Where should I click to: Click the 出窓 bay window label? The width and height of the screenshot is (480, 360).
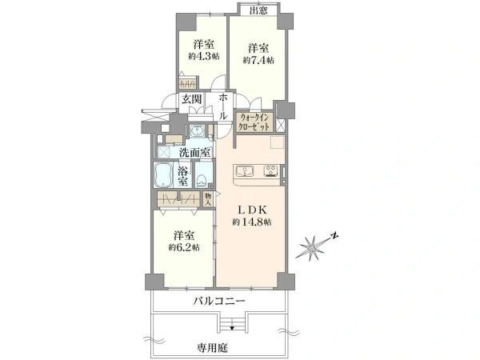(x=259, y=10)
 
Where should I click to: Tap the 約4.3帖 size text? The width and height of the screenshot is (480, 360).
(x=203, y=56)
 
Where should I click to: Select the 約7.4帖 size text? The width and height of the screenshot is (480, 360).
(x=258, y=60)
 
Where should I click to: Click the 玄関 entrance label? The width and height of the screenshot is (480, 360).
(x=192, y=99)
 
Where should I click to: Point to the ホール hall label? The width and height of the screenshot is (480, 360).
(x=222, y=107)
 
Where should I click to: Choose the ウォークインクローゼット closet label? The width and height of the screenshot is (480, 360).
(x=254, y=122)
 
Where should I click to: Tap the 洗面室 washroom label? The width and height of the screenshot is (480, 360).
(x=195, y=153)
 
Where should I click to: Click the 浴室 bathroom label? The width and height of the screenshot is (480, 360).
(x=183, y=176)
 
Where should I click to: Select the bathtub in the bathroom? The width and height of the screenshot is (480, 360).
(x=163, y=174)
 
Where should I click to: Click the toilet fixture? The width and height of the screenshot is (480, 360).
(x=202, y=180)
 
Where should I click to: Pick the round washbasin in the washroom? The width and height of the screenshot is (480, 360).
(x=196, y=131)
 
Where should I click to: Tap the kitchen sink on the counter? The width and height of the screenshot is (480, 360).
(x=244, y=171)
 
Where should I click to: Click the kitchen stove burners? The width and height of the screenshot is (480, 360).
(x=271, y=171)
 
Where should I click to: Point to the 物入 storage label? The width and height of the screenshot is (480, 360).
(x=208, y=199)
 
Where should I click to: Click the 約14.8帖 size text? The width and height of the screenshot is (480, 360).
(x=252, y=222)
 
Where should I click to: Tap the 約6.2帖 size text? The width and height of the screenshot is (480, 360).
(x=184, y=247)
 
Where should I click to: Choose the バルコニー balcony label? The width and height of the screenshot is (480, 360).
(x=219, y=302)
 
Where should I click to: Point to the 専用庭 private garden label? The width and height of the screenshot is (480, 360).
(x=213, y=347)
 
